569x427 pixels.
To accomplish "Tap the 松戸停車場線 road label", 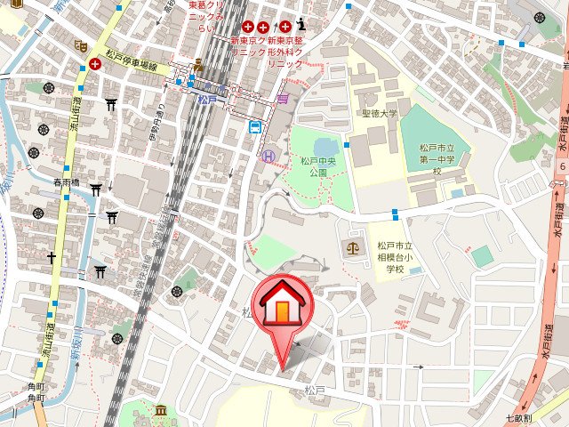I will (x=131, y=66).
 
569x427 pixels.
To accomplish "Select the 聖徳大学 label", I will (x=381, y=114).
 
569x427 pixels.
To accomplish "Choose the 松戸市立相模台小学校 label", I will (x=389, y=257).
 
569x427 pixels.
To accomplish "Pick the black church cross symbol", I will (x=52, y=258).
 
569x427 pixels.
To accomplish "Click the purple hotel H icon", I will (x=269, y=156).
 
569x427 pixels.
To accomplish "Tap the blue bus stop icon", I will (x=254, y=127).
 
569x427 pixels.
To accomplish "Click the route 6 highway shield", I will (x=562, y=165).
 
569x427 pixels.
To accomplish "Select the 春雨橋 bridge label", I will (x=66, y=182).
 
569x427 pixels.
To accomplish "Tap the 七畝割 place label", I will (x=517, y=418).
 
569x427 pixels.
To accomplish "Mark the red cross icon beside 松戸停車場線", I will (x=94, y=64).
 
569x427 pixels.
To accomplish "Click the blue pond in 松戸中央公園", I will (x=324, y=145).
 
